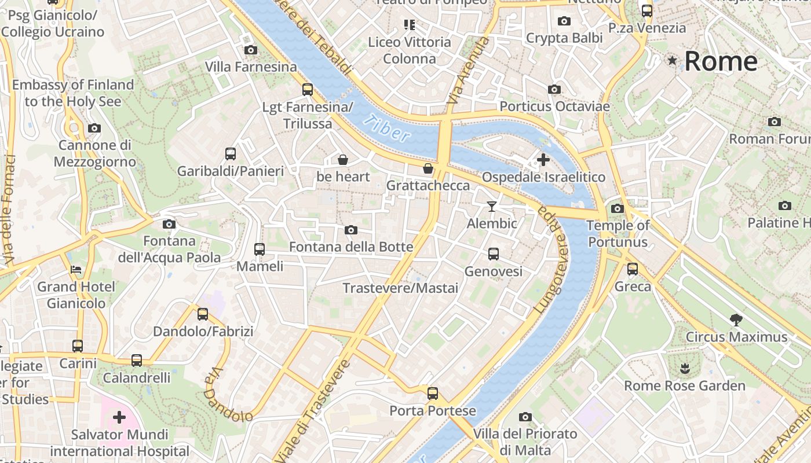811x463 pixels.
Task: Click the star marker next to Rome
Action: [673, 60]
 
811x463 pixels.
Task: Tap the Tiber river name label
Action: [389, 128]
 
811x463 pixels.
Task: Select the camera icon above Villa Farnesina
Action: [251, 50]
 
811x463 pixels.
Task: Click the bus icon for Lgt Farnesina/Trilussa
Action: [308, 90]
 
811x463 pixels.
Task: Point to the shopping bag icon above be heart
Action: [343, 159]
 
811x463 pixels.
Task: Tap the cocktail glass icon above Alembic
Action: [492, 206]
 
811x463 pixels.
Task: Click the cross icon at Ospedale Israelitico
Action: [543, 159]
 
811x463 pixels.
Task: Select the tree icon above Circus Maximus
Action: [736, 319]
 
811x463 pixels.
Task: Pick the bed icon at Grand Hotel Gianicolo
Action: [76, 269]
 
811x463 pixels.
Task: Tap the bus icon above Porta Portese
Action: [433, 394]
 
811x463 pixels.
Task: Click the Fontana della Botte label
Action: [351, 247]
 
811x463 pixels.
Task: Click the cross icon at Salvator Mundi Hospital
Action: [119, 417]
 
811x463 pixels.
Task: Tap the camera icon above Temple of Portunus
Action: [618, 208]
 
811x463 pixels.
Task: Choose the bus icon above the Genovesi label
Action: [494, 253]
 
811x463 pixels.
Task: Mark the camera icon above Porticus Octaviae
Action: [554, 90]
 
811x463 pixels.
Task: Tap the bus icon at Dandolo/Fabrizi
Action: [203, 314]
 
